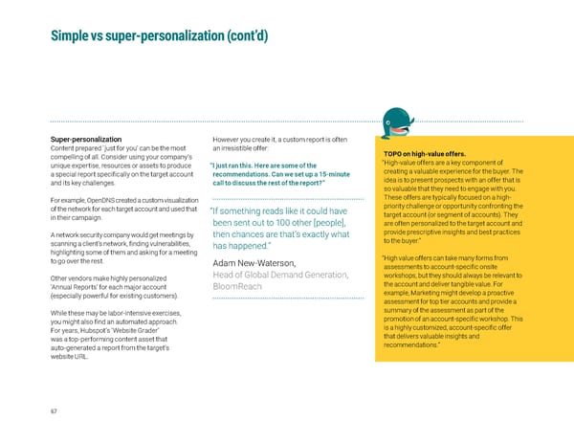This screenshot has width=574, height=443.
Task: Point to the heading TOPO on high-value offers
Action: click(424, 153)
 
